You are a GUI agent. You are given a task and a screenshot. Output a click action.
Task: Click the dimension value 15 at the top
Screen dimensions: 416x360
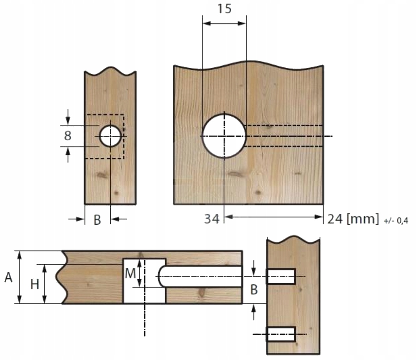[x=225, y=9]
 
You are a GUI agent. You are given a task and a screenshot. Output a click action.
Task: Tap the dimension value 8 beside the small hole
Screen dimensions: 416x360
[x=68, y=136]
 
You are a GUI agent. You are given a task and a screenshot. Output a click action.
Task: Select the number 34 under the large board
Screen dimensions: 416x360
[x=212, y=219]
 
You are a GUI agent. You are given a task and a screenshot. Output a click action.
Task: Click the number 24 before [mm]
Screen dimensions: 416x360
[x=335, y=219]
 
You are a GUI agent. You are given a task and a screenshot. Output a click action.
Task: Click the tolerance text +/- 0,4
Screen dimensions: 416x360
[x=396, y=220]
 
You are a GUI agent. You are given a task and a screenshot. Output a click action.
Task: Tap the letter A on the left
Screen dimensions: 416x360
[x=8, y=278]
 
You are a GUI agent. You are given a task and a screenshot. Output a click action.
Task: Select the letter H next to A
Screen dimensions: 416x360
[x=35, y=284]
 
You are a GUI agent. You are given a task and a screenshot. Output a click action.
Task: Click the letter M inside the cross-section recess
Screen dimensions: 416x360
[x=130, y=274]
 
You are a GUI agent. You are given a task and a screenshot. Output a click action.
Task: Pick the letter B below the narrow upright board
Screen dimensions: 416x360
[x=97, y=220]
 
